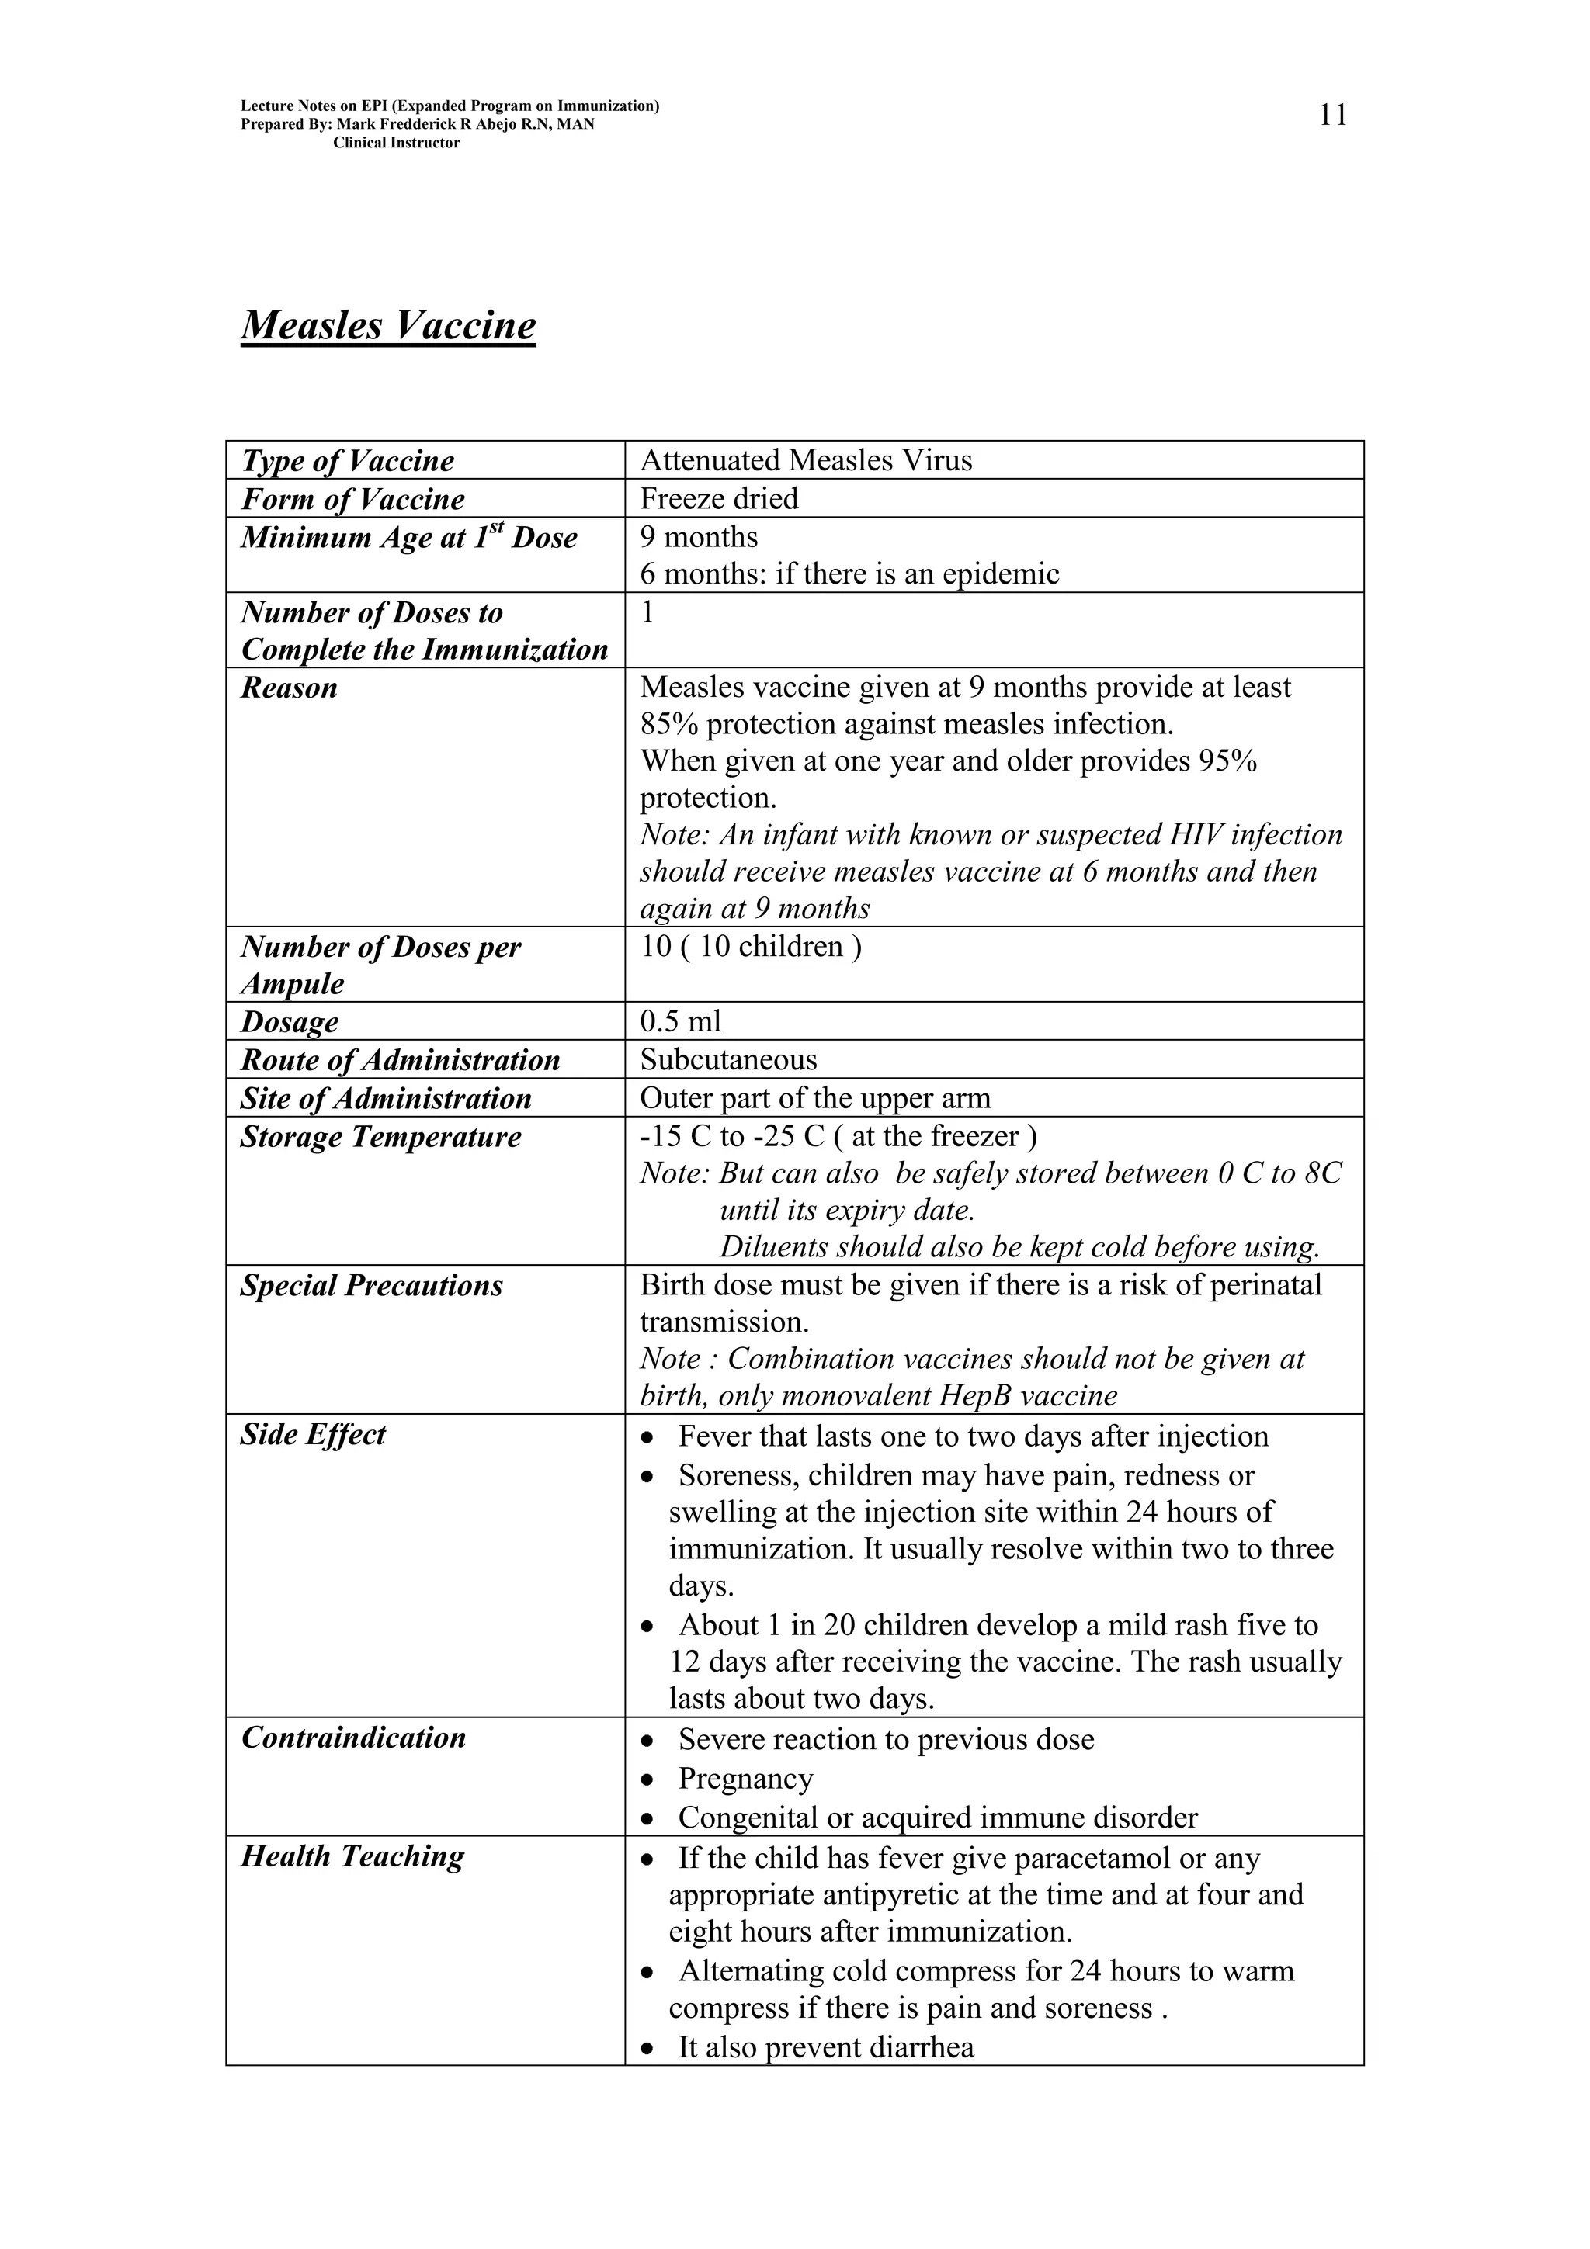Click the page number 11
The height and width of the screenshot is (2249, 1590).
(x=1332, y=116)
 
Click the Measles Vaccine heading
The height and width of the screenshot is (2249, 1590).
(x=388, y=325)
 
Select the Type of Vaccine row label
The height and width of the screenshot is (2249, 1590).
(x=348, y=460)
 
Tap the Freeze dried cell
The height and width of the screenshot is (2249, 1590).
(x=719, y=498)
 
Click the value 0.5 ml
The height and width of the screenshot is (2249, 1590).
(x=680, y=1021)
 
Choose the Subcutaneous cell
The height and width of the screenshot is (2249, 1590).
(x=728, y=1060)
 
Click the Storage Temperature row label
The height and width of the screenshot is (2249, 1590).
(x=381, y=1137)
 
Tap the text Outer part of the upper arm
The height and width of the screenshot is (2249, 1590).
(x=815, y=1098)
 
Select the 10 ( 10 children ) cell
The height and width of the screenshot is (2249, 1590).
(x=751, y=948)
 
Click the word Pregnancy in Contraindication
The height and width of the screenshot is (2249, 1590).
(x=745, y=1778)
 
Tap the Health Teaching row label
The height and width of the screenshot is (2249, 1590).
(x=352, y=1856)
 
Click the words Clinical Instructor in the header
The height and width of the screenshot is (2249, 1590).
(x=396, y=143)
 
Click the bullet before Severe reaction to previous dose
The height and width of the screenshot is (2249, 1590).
(x=647, y=1741)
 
